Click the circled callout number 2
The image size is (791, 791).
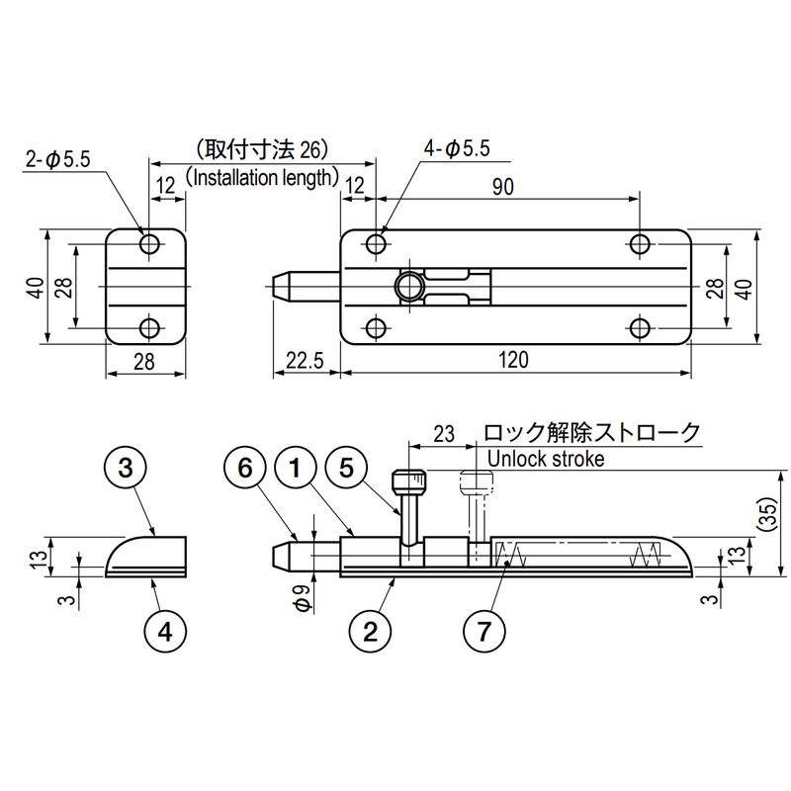371,630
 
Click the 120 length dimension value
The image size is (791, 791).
514,360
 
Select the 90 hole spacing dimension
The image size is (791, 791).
502,191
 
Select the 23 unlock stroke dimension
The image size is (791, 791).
443,433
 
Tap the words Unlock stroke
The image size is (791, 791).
547,459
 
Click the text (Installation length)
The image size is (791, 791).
262,178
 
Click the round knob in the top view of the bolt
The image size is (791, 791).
407,287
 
